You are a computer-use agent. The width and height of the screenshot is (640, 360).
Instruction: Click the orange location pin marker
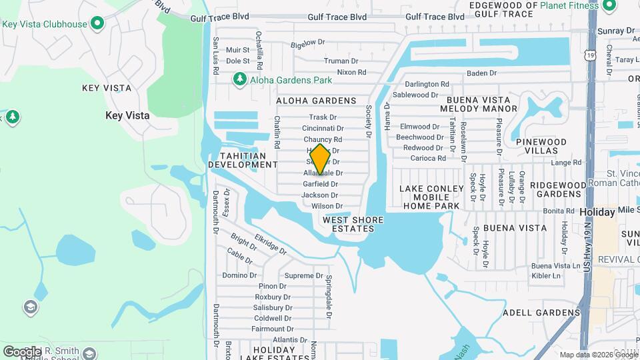pos(320,159)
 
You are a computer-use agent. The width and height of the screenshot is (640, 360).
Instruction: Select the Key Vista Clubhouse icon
pos(97,25)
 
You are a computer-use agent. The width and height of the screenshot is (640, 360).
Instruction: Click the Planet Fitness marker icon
pos(609,6)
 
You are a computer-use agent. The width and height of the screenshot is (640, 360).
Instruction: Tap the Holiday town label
pos(597,212)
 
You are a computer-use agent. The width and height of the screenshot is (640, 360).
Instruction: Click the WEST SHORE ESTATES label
pos(348,223)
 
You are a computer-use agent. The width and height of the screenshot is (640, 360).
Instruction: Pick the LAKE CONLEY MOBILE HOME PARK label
pos(431,197)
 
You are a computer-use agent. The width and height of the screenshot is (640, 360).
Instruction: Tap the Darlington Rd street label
pos(427,84)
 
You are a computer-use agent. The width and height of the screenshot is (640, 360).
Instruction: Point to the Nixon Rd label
pos(351,72)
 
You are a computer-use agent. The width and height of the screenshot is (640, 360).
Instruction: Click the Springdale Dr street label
pos(329,293)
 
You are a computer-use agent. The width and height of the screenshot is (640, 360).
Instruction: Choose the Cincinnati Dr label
pos(323,128)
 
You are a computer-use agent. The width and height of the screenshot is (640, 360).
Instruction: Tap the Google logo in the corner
pos(22,351)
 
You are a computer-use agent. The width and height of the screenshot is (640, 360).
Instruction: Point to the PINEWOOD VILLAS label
pos(545,147)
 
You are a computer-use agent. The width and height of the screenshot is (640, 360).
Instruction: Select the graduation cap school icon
pos(30,307)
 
